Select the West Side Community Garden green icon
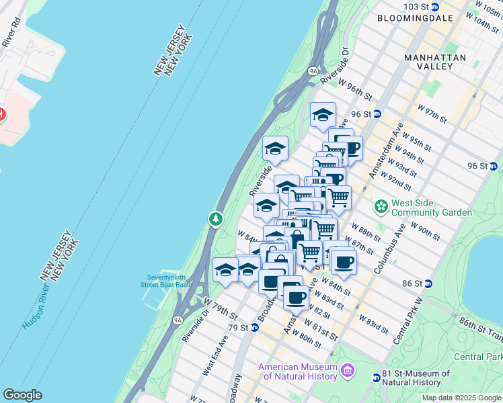(381, 205)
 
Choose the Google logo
(22, 395)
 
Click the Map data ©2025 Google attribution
(461, 398)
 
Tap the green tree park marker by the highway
(215, 219)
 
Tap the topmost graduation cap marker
(323, 114)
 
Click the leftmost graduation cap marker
(225, 270)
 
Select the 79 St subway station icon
(256, 328)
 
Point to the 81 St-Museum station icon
(376, 378)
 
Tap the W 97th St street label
(432, 114)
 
